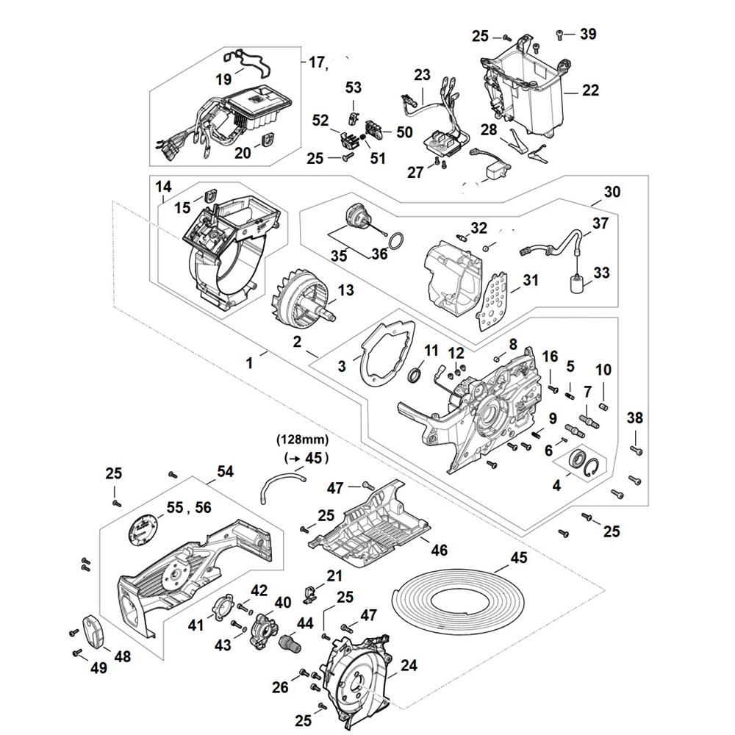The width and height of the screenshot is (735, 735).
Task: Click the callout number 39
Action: coord(588,34)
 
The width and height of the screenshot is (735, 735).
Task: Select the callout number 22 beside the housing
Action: coord(590,90)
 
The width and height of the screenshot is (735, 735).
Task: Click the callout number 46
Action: coord(440,551)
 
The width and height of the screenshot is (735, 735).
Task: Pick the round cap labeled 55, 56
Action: coord(143,528)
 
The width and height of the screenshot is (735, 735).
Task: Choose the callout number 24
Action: coord(409,667)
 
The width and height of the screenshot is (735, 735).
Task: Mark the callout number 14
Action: coord(163,187)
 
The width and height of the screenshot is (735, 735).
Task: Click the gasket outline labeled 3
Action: coord(387,352)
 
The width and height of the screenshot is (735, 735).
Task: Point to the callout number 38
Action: coord(635,418)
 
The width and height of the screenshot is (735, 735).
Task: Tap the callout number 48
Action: coord(122,656)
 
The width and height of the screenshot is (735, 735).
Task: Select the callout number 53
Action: coord(354,87)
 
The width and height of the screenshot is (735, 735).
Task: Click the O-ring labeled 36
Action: coord(395,241)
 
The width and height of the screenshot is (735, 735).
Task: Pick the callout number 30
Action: coord(612,192)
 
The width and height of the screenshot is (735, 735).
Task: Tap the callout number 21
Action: coord(334,576)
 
